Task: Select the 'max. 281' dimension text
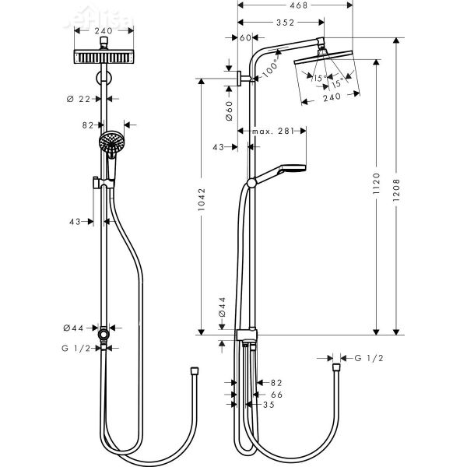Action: point(272,132)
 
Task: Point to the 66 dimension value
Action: point(276,395)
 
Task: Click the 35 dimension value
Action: point(269,406)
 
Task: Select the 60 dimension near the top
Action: point(246,37)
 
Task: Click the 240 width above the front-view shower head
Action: point(103,32)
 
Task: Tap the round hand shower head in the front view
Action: point(111,142)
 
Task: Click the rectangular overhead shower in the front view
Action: point(103,57)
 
